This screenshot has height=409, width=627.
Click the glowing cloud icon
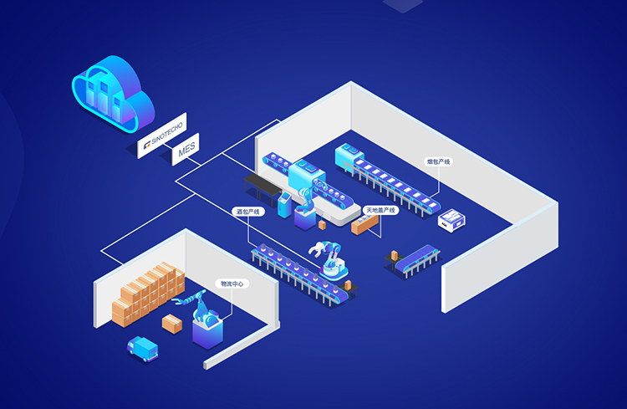click(x=112, y=93)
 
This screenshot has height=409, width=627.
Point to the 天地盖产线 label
click(x=380, y=210)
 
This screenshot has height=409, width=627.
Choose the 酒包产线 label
click(x=247, y=212)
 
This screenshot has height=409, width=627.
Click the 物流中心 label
click(x=231, y=284)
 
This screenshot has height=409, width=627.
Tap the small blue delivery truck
click(x=141, y=348)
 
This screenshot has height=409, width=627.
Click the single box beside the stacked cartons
click(x=172, y=324)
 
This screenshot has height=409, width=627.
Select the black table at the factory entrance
click(x=257, y=181)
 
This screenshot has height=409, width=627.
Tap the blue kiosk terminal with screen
click(x=286, y=203)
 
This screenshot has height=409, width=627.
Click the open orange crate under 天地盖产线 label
click(x=364, y=223)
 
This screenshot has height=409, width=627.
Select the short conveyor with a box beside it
click(x=416, y=259)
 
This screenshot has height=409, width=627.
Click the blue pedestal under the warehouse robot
click(x=207, y=331)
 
